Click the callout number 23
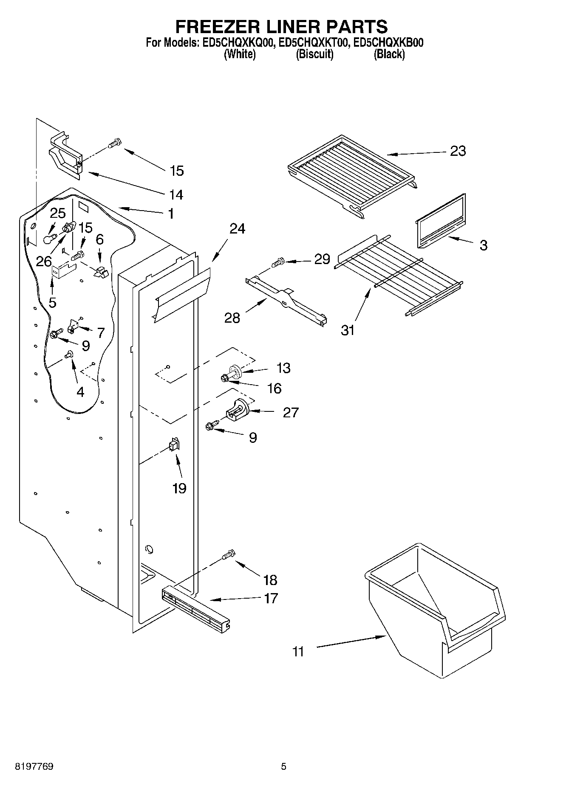pos(458,151)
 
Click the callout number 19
pos(179,488)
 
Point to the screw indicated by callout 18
pos(229,554)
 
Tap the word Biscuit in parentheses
pos(314,54)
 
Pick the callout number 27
pos(291,412)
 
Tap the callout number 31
pos(348,330)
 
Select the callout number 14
pos(176,194)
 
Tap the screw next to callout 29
pos(279,263)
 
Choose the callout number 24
pos(237,228)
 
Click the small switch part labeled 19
pos(174,445)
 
